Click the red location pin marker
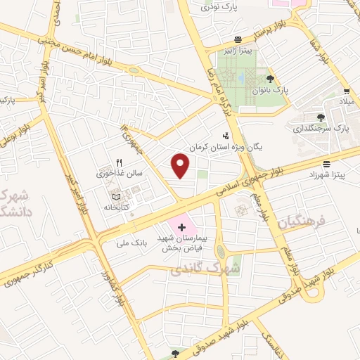pos(181,166)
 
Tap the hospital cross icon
pos(182,226)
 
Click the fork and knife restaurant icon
pos(120,163)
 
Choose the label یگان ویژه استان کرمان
pos(225,148)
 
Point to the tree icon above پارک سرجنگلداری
pos(321,117)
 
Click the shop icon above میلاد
pos(347,91)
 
